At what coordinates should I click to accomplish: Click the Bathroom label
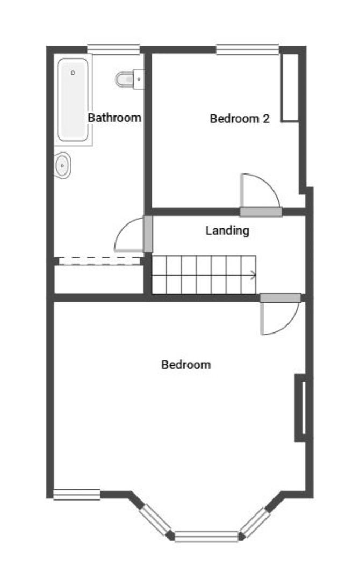[x=114, y=118]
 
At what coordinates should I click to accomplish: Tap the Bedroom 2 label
[x=240, y=119]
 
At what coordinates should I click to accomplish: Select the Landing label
[x=227, y=230]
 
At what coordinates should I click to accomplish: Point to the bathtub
[x=73, y=99]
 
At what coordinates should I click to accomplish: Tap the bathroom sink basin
[x=63, y=165]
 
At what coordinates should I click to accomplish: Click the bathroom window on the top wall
[x=113, y=49]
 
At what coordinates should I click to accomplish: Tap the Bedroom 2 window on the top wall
[x=248, y=49]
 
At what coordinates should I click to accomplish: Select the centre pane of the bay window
[x=206, y=536]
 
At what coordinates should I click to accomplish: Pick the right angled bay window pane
[x=255, y=522]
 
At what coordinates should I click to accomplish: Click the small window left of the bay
[x=77, y=495]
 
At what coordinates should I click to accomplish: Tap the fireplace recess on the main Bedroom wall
[x=301, y=407]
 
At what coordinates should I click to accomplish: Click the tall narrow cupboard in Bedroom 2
[x=290, y=88]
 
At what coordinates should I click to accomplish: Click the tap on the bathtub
[x=73, y=73]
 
